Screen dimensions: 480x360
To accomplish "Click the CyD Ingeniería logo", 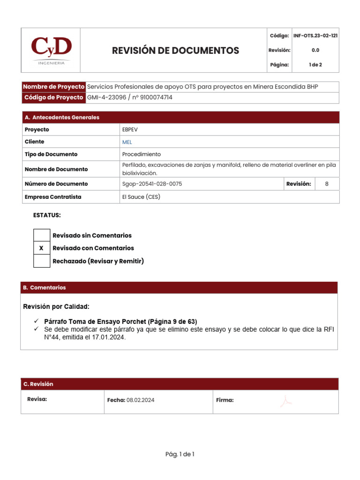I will coord(51,50).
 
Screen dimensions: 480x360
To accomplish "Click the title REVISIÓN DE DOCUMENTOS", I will coord(175,51).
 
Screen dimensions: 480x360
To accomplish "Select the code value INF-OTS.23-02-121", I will coord(315,36).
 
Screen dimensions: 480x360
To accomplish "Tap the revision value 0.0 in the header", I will coord(315,50).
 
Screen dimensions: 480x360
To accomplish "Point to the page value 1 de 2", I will coord(315,65).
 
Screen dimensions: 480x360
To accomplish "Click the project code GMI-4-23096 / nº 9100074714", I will coord(130,97).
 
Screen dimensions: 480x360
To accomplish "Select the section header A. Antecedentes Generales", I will coord(62,117).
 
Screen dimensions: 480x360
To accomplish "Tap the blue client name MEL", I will coord(127,142).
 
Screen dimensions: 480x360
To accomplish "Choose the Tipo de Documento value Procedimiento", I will coord(141,154).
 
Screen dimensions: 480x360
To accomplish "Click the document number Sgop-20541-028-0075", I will coord(152,184).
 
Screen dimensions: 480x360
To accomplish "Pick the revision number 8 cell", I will coord(327,184).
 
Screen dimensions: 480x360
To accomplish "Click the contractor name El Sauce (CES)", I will coord(141,197).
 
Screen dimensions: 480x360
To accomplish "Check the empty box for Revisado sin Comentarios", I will coord(42,235).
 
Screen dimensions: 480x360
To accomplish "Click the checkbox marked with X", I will coord(42,248).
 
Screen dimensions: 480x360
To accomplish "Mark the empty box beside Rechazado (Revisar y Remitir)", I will coord(42,261).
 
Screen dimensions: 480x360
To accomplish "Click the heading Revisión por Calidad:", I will coord(56,307).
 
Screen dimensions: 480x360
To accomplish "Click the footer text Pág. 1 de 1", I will coord(180,454).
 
